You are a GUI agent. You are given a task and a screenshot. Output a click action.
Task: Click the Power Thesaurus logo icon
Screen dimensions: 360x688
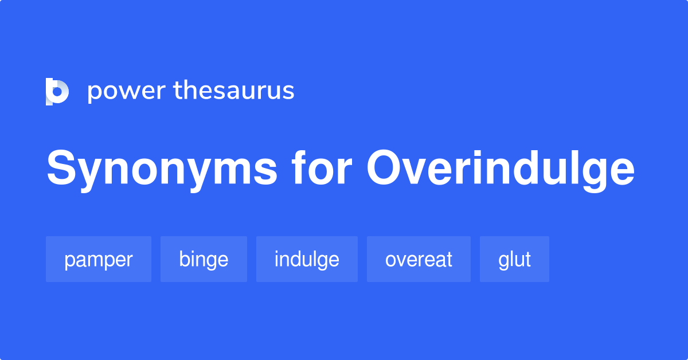click(57, 91)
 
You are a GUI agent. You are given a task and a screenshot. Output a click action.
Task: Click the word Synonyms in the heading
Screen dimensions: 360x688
click(162, 169)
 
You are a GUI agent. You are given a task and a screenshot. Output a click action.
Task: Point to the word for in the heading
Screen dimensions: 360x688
click(322, 169)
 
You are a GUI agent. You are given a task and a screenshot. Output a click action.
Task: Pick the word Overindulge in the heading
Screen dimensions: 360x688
click(501, 170)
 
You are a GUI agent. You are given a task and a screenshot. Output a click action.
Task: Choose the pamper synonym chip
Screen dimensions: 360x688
click(99, 259)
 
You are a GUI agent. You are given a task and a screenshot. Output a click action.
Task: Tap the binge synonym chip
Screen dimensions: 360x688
click(204, 259)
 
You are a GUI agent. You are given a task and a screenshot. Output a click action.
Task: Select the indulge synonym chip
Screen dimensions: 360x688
click(307, 259)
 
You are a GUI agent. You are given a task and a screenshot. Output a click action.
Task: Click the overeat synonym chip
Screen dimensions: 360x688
click(419, 259)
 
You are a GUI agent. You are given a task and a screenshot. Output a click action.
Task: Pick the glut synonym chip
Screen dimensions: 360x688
click(514, 259)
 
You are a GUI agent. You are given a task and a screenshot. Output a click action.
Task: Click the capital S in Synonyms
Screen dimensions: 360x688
click(61, 169)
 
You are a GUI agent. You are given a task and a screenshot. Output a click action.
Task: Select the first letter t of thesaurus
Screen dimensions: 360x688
click(178, 91)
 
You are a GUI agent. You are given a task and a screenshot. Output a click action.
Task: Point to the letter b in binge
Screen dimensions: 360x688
click(185, 259)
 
